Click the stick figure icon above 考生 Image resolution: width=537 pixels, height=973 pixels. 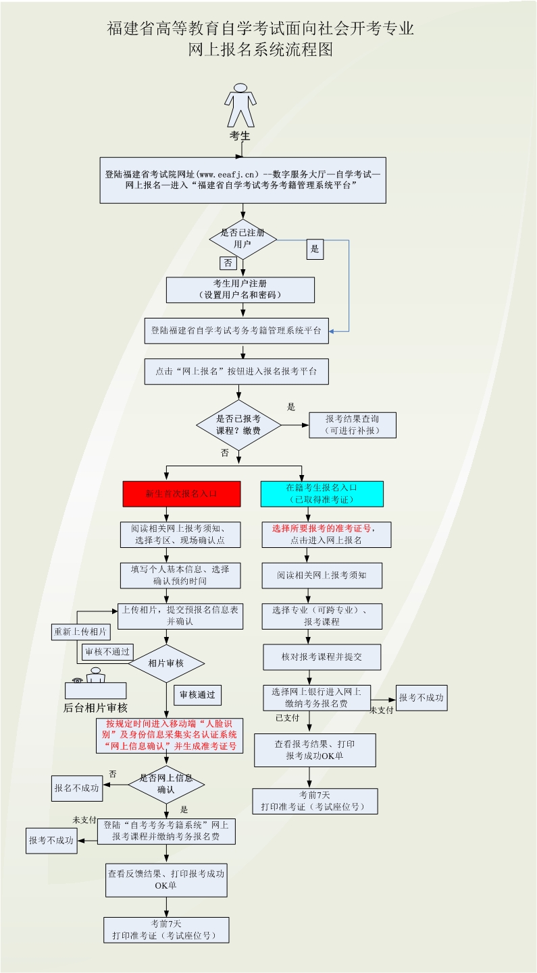(x=240, y=105)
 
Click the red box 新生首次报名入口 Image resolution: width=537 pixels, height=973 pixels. (x=182, y=493)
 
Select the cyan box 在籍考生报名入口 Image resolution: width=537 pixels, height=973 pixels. (x=322, y=493)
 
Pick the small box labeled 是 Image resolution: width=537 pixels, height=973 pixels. (x=314, y=249)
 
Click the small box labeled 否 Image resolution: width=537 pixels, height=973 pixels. (x=227, y=263)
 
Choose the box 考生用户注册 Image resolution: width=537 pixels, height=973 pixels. (x=240, y=289)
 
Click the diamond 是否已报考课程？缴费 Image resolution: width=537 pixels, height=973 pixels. (x=238, y=424)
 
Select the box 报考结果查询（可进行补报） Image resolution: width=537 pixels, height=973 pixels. (x=353, y=424)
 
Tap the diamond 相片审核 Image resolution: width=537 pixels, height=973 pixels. (x=166, y=663)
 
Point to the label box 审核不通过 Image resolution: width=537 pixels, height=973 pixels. (x=107, y=652)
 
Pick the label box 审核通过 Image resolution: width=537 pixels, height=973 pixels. (x=197, y=694)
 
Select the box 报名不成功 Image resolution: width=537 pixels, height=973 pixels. (x=78, y=787)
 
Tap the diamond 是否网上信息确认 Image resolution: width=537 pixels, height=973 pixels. (x=166, y=783)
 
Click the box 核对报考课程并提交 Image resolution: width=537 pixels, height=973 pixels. (x=322, y=656)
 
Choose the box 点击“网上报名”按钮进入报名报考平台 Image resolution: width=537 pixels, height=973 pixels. (x=236, y=371)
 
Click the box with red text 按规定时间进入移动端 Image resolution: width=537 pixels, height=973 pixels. (x=170, y=735)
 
